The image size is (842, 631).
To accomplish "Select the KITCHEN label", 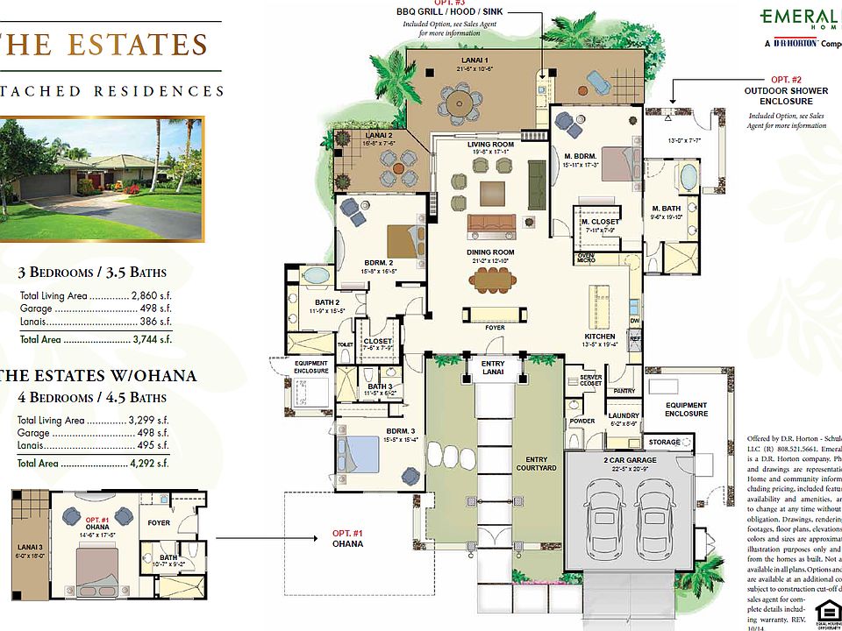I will (x=601, y=337).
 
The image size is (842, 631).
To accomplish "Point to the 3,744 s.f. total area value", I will (x=153, y=339).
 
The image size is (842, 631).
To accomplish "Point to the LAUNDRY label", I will (x=624, y=415).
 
